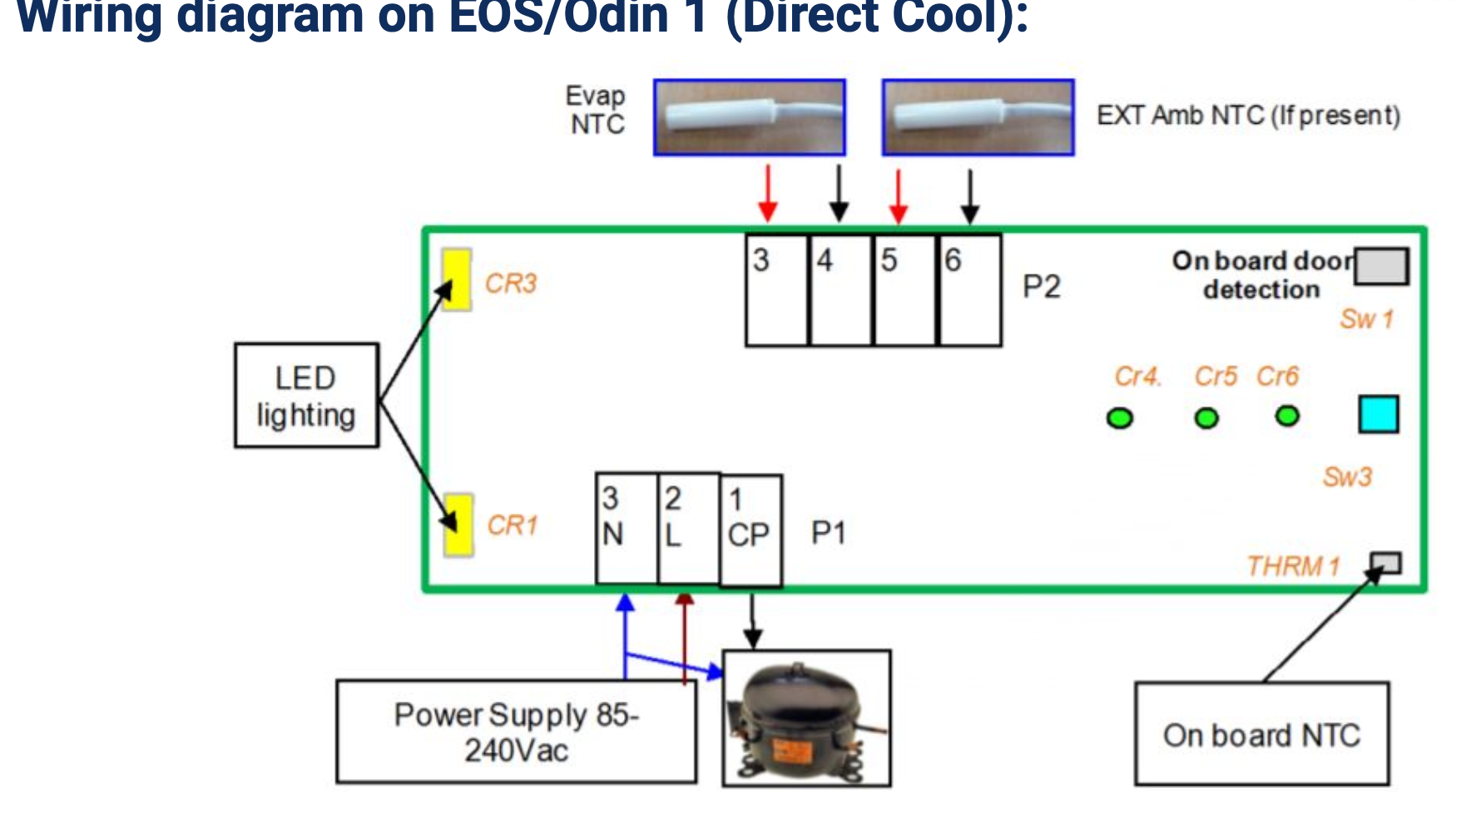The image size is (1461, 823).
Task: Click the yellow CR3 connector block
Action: click(457, 280)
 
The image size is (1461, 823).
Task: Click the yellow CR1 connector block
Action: click(458, 525)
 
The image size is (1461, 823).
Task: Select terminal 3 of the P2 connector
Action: click(776, 290)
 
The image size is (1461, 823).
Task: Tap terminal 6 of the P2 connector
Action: click(970, 290)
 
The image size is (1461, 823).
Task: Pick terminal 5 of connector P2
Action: click(905, 290)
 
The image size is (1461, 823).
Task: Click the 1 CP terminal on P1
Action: click(750, 530)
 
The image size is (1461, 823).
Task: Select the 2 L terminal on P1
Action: click(689, 529)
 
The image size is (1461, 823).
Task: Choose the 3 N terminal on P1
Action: click(626, 529)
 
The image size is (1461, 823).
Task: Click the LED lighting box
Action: click(307, 396)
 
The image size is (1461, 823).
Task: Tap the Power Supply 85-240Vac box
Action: click(516, 732)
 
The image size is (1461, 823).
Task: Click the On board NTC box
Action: click(1261, 734)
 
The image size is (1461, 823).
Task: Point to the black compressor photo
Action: click(806, 718)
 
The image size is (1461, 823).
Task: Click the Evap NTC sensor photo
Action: click(750, 117)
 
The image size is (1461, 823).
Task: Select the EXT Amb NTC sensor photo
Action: click(978, 117)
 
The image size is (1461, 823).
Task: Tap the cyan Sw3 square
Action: click(1378, 414)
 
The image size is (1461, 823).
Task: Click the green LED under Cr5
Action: click(1206, 418)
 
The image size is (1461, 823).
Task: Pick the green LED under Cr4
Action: click(1120, 418)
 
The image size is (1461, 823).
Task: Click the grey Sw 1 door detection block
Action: click(1381, 266)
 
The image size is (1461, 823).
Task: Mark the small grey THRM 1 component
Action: click(1386, 563)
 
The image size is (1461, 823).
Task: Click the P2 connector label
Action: click(1041, 287)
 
